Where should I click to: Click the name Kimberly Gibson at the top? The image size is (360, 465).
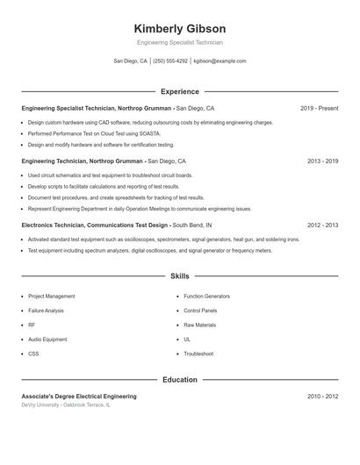coord(180,29)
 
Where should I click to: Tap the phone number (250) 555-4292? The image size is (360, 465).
coord(170,61)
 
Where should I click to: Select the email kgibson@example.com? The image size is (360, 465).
coord(220,61)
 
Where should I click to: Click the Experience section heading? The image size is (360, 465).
coord(180,91)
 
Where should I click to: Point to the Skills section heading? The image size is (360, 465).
coord(180,276)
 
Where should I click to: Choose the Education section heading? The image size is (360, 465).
coord(180,380)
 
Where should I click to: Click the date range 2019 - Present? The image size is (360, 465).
coord(319,108)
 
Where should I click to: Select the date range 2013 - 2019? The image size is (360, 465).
coord(322,161)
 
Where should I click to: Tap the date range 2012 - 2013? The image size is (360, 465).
coord(322,225)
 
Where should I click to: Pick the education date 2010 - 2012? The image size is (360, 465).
coord(322,397)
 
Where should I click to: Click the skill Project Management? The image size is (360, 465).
coord(52,297)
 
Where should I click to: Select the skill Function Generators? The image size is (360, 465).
coord(206,297)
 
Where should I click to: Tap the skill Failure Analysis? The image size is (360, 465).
coord(46,311)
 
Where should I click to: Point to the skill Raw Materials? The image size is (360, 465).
coord(199,325)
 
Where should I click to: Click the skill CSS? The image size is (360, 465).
coord(33,354)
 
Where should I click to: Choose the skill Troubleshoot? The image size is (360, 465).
coord(198,354)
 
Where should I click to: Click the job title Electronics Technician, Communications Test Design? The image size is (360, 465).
coord(95,225)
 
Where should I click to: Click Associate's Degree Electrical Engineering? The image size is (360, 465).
coord(79,397)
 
